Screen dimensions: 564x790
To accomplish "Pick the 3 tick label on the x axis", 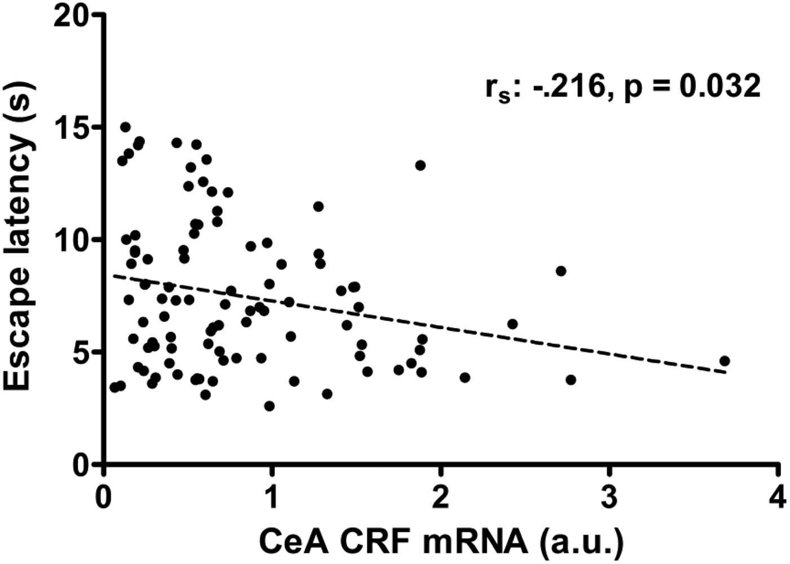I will click(609, 496).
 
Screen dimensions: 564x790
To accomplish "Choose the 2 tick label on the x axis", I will click(441, 496).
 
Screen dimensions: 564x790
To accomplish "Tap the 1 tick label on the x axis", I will click(272, 496).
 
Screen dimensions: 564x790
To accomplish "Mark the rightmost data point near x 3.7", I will click(725, 361).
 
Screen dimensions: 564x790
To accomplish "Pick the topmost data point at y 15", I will click(125, 127).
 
